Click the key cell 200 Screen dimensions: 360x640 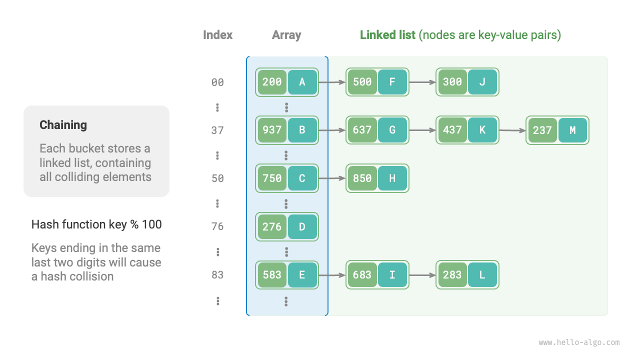272,82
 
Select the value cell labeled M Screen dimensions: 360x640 572,130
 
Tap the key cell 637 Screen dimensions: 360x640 362,130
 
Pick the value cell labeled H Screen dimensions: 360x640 392,178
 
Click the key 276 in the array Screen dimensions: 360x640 272,226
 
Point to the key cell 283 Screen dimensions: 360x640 452,274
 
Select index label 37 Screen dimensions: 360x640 217,130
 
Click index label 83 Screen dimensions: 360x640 217,274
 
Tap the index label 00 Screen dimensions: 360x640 217,82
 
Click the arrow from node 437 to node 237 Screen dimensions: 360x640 512,130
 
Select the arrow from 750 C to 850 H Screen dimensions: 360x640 332,178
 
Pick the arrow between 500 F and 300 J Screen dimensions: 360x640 422,82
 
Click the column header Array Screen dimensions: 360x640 286,35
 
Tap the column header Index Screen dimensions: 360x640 217,35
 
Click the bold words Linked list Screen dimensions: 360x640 387,35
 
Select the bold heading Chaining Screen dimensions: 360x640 63,125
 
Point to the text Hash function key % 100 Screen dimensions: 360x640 96,224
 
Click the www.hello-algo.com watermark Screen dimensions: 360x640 579,342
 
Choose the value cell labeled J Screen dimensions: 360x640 482,82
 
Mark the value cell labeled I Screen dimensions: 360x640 392,274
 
